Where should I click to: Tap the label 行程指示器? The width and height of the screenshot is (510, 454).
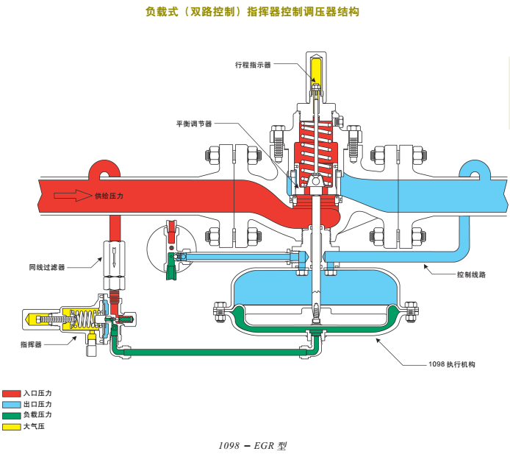253,65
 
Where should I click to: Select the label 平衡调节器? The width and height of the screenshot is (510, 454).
193,124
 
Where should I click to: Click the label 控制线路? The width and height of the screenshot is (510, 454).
472,274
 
